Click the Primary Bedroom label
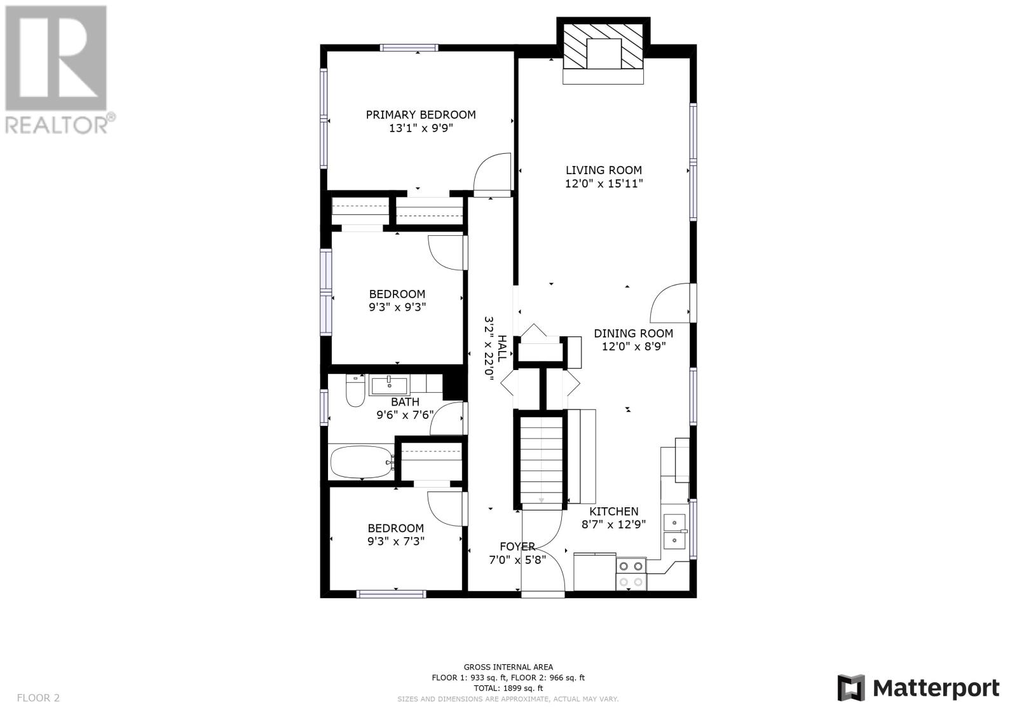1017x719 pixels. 420,115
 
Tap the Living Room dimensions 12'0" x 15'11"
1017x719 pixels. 604,184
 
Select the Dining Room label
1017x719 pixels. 633,333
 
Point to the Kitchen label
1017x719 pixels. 614,511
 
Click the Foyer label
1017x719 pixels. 517,547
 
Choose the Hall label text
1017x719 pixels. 502,348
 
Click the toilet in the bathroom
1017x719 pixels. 355,390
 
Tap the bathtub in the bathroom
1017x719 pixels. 362,462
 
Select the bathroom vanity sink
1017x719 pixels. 389,386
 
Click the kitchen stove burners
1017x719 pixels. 631,574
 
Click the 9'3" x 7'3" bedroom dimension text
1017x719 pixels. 396,542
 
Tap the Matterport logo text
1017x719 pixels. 936,688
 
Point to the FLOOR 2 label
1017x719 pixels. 38,697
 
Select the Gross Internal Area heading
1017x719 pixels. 508,668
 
